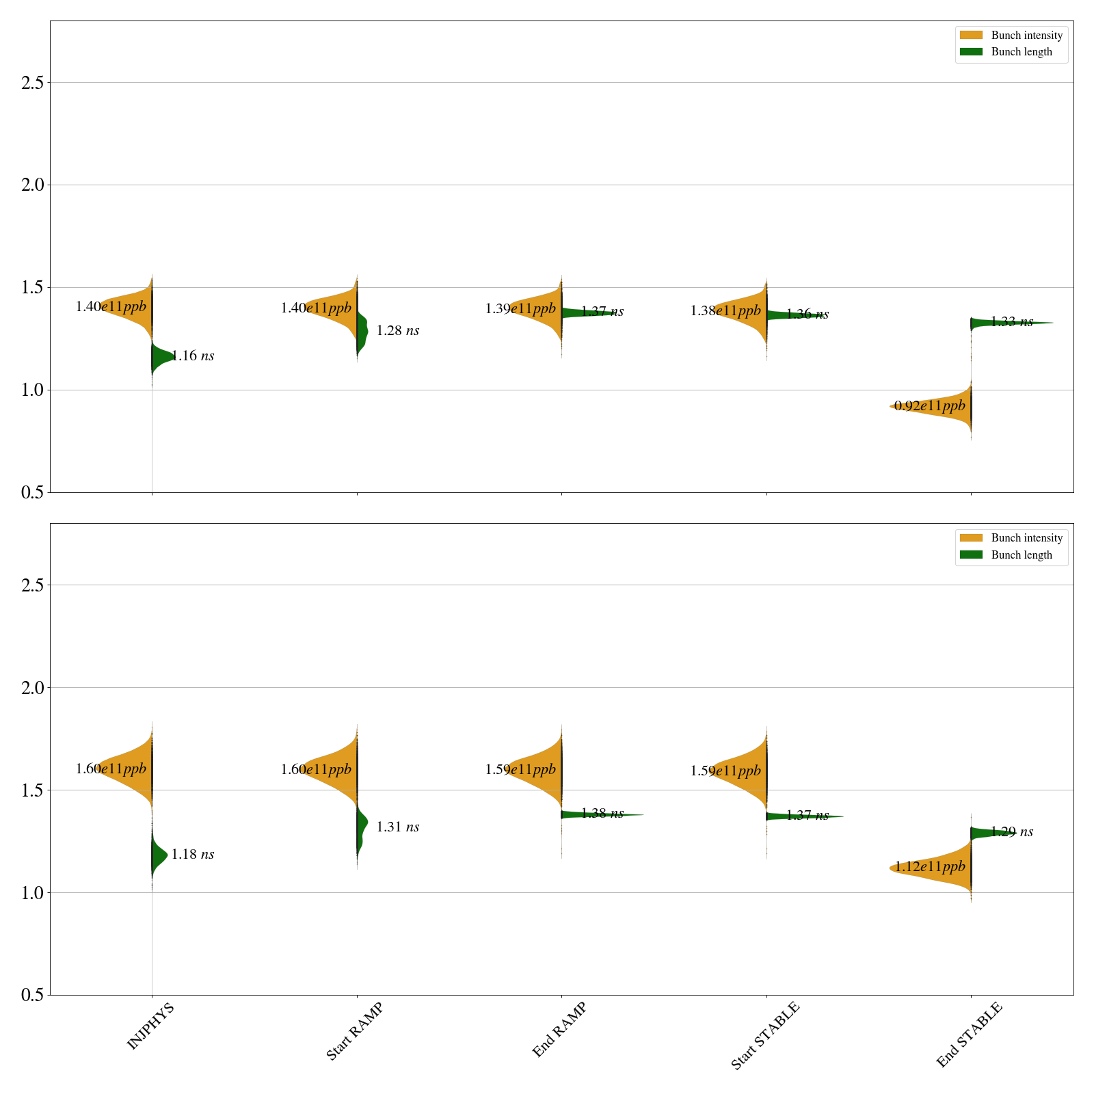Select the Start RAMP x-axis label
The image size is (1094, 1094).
354,1031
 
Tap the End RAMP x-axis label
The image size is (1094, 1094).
559,1030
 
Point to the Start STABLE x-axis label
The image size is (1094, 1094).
764,1036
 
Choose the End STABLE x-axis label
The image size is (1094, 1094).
969,1035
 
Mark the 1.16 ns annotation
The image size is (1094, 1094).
193,356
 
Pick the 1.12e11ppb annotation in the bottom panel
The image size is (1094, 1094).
930,867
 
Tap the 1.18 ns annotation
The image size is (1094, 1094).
193,855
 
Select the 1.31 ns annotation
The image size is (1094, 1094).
398,827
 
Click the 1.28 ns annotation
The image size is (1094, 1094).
398,331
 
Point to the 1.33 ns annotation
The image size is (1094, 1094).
1012,322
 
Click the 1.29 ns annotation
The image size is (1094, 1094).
1012,832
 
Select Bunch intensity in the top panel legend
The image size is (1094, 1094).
1026,36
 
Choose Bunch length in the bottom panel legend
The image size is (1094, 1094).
1022,555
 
